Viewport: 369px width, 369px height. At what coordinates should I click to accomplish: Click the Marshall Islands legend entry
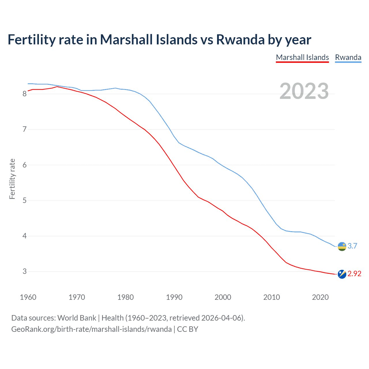coord(302,57)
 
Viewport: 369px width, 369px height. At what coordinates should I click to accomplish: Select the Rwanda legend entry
coord(348,57)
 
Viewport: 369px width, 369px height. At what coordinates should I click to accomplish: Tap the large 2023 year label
coord(304,91)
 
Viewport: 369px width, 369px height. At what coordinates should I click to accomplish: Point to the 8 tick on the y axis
coord(25,94)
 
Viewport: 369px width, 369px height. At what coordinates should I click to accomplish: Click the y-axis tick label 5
coord(25,200)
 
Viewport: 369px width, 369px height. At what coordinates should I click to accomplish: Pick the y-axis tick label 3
coord(25,271)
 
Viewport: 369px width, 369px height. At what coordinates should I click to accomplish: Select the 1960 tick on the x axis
coord(28,297)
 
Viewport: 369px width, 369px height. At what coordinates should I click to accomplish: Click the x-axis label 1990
coord(174,297)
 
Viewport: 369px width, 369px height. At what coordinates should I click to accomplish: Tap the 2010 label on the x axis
coord(272,297)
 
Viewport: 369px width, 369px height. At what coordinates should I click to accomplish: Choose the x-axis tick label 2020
coord(320,297)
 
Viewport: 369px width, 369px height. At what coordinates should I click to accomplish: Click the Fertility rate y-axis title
coord(12,179)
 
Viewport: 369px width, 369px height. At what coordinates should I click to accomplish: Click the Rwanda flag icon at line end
coord(342,246)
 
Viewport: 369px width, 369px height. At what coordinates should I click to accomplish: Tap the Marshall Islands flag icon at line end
coord(342,274)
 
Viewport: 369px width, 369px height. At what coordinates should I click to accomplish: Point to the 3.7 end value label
coord(352,246)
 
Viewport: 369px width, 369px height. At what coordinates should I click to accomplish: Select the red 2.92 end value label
coord(354,274)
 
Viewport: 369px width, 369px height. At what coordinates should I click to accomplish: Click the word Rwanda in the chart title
coord(240,39)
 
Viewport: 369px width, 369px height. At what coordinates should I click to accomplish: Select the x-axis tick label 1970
coord(77,297)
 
